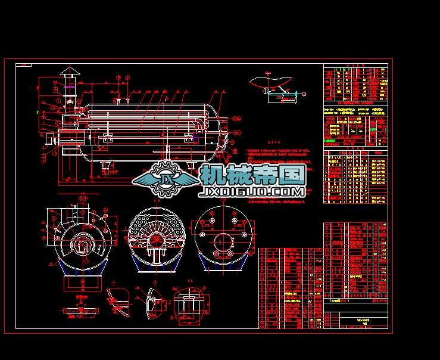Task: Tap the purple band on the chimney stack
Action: click(x=68, y=87)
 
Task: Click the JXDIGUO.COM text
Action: click(x=254, y=192)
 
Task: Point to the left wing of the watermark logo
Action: click(x=143, y=178)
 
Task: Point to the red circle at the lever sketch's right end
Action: click(x=303, y=94)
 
